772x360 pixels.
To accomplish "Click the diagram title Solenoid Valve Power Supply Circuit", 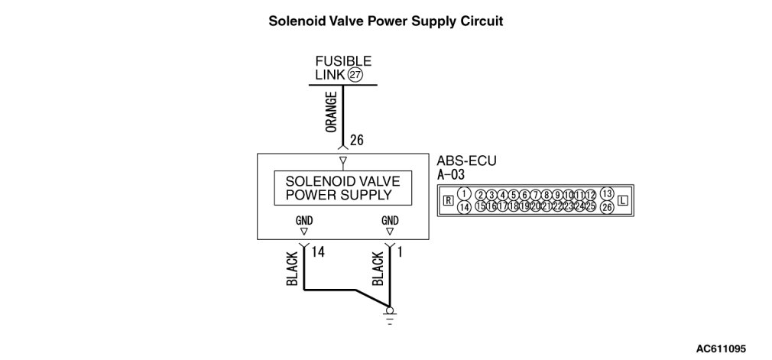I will (385, 21).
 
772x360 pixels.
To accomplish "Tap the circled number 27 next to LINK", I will (355, 75).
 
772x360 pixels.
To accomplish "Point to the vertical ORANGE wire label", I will (331, 112).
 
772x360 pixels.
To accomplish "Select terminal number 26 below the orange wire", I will (357, 141).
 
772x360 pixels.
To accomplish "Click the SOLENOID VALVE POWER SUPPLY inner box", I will (342, 188).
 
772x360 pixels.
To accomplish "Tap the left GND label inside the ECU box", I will (304, 221).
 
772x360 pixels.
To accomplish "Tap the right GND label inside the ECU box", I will (390, 221).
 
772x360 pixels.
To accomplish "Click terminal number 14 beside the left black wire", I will (320, 249).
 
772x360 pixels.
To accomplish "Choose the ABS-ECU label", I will (462, 162).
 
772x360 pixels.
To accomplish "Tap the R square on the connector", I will (448, 201).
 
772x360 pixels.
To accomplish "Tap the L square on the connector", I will (623, 201).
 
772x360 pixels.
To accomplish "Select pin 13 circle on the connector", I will (607, 193).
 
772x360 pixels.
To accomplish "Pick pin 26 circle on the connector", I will (607, 207).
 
